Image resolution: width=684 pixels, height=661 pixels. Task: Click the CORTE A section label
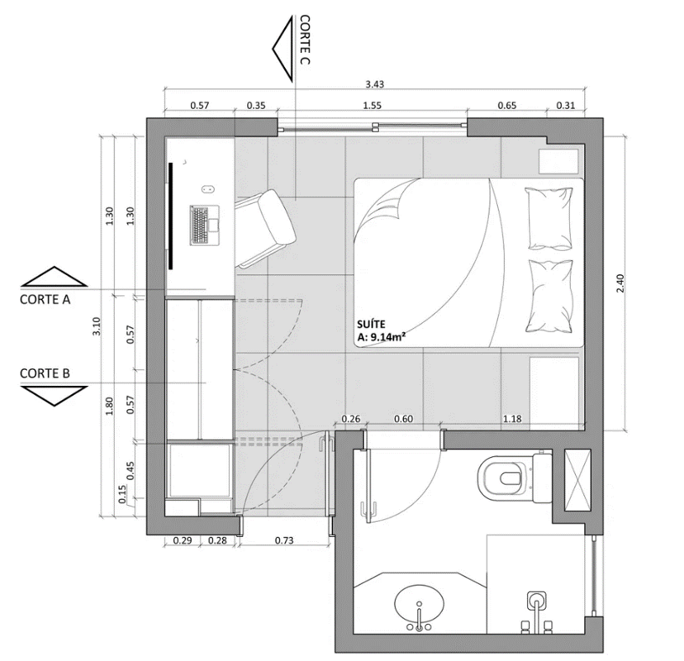[x=45, y=299]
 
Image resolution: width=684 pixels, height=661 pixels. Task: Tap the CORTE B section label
[x=45, y=374]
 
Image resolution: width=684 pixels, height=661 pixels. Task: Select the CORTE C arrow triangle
[x=282, y=49]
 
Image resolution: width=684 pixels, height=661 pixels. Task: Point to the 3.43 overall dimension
[x=375, y=84]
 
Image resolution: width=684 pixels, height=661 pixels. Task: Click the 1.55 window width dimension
[x=372, y=106]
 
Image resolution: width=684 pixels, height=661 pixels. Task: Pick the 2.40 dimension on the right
[x=621, y=283]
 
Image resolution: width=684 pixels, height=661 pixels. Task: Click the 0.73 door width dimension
[x=284, y=540]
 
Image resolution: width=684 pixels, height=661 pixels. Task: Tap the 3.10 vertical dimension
[x=97, y=326]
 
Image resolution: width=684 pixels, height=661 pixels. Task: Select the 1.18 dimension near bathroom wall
[x=512, y=419]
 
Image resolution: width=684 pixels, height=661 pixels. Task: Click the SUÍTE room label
[x=371, y=325]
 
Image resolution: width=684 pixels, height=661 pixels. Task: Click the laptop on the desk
[x=205, y=226]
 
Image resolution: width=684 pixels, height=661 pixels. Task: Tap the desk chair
[x=266, y=228]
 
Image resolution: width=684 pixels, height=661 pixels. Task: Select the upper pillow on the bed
[x=549, y=219]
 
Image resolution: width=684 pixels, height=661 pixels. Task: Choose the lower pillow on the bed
[x=549, y=296]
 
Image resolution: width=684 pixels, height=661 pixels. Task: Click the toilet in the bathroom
[x=515, y=477]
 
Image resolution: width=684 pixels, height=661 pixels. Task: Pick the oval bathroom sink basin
[x=419, y=604]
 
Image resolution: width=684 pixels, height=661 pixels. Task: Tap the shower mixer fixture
[x=537, y=612]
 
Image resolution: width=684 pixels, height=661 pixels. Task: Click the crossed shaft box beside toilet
[x=578, y=480]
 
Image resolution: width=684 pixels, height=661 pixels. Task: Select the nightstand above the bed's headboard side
[x=559, y=162]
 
